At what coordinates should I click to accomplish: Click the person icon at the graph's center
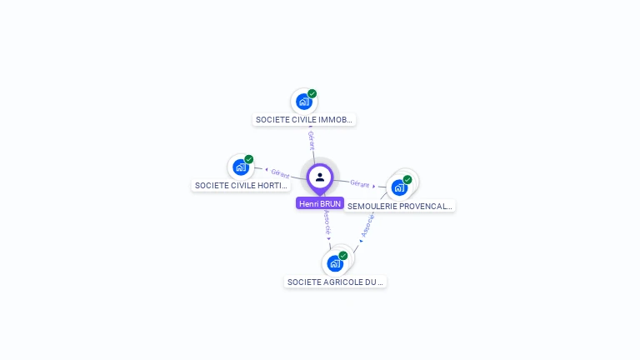pos(320,177)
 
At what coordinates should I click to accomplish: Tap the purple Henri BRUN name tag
pos(320,203)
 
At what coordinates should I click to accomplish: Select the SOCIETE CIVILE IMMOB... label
pos(305,120)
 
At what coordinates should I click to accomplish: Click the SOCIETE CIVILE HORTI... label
pos(242,185)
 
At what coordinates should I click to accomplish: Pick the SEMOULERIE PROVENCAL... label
pos(400,206)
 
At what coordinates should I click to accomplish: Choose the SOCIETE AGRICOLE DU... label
pos(336,282)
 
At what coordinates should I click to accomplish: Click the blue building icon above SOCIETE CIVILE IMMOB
pos(303,102)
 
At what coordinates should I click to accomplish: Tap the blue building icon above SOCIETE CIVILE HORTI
pos(241,167)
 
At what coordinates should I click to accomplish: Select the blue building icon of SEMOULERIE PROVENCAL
pos(399,187)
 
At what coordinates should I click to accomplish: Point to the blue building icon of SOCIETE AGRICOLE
pos(335,263)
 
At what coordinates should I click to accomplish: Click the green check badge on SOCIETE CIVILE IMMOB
pos(312,93)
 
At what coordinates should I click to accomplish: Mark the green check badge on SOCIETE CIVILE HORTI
pos(249,159)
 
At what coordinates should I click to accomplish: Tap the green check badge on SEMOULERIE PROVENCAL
pos(407,179)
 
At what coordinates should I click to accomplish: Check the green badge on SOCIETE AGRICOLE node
pos(343,256)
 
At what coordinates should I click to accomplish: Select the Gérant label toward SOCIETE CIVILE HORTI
pos(280,173)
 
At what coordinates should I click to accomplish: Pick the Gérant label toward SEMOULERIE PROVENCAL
pos(359,183)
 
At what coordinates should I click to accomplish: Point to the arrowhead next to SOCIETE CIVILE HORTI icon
pos(266,170)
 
